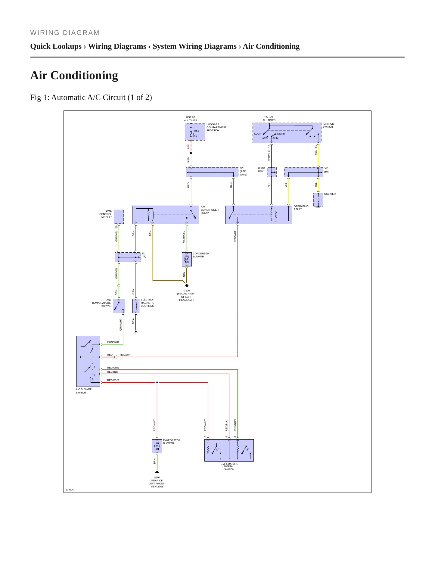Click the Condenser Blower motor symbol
(187, 259)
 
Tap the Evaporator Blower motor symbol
(157, 446)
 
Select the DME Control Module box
(119, 217)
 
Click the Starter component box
(318, 200)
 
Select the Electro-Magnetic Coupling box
(136, 306)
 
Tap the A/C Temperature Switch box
(119, 306)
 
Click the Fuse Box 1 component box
(272, 172)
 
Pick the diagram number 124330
(70, 490)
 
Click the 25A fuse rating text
(195, 136)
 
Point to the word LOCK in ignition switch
(258, 134)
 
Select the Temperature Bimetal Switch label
(229, 467)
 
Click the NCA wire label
(133, 321)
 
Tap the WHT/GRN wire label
(184, 237)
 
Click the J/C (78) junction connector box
(128, 257)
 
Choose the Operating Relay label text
(301, 208)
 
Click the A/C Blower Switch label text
(84, 391)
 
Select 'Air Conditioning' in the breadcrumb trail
(271, 46)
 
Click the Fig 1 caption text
(91, 98)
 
